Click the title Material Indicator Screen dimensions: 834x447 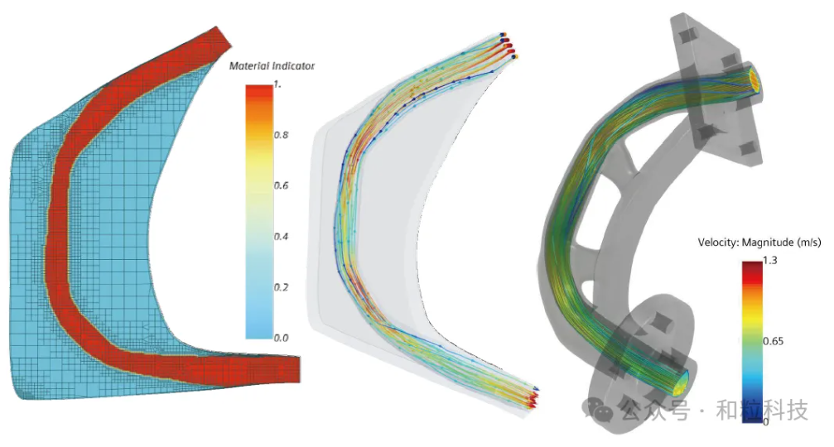[272, 66]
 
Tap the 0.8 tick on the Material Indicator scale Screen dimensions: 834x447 [281, 135]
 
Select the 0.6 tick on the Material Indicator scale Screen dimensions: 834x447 [281, 185]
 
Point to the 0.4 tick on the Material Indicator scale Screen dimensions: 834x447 [281, 237]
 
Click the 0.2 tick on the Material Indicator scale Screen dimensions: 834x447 [281, 287]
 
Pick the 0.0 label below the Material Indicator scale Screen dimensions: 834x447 [281, 338]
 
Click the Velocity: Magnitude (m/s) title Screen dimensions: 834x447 [759, 243]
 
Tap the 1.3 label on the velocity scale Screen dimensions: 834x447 [770, 261]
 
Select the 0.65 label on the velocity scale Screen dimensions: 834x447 [773, 341]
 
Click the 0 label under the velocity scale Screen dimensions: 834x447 [766, 421]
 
